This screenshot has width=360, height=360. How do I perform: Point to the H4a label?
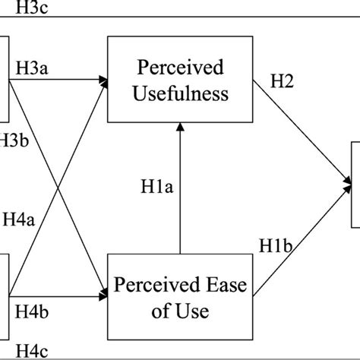19,221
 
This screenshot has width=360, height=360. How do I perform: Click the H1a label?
156,185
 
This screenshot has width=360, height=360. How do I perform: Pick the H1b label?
277,245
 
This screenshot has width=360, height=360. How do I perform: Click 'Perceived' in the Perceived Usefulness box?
180,68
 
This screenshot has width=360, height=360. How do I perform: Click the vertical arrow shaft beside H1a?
180,197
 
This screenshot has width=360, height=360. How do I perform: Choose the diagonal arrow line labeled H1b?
304,235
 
